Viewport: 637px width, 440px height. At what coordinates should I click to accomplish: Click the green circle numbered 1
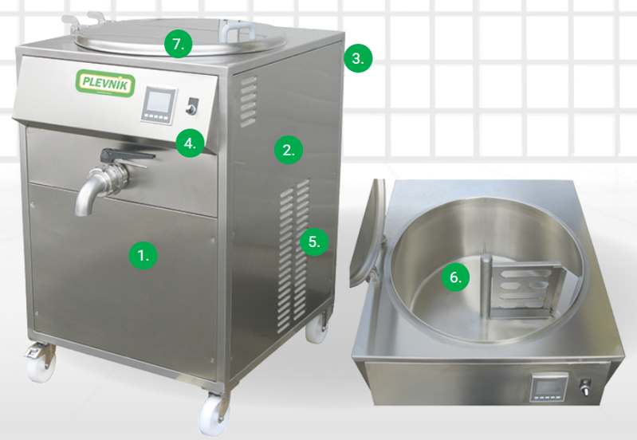pyautogui.click(x=143, y=255)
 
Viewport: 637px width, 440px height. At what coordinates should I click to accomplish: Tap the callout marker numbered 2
pyautogui.click(x=289, y=148)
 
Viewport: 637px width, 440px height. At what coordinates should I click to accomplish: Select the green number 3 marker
pyautogui.click(x=359, y=57)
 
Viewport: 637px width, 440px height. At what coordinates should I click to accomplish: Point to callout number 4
pyautogui.click(x=189, y=143)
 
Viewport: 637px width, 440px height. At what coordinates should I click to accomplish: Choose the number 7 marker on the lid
pyautogui.click(x=179, y=44)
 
